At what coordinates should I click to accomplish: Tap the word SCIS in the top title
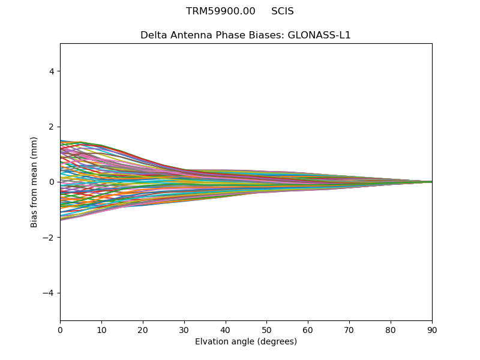coord(282,11)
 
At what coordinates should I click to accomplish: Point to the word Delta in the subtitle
coord(154,35)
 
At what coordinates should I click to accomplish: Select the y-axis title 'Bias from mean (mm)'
coord(34,182)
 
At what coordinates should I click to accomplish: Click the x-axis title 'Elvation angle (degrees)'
coord(246,342)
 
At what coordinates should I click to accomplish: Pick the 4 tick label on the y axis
coord(52,71)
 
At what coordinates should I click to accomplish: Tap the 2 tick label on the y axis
coord(52,127)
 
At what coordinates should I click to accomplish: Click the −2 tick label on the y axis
coord(49,238)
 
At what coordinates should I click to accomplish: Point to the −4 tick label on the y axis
coord(49,293)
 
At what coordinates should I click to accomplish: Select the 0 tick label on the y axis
coord(52,182)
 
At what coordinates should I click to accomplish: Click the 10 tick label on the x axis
coord(101,330)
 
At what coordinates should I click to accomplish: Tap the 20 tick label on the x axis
coord(143,330)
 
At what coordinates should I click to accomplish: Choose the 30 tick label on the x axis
coord(184,330)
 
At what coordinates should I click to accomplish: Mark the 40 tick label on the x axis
coord(226,330)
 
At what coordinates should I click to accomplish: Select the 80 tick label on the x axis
coord(391,330)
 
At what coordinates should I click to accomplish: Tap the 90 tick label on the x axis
coord(432,330)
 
